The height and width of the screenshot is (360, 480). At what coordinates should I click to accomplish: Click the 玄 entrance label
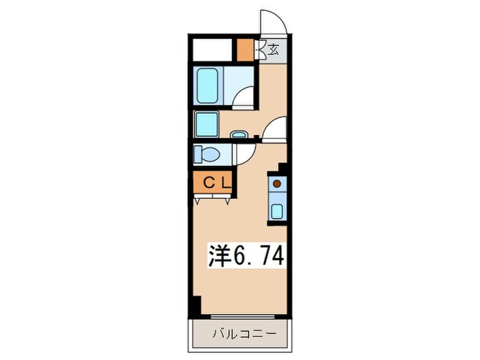pyautogui.click(x=274, y=49)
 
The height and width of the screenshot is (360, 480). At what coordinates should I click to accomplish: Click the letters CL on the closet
pyautogui.click(x=214, y=183)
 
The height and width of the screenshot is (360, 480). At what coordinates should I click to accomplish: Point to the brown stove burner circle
pyautogui.click(x=276, y=184)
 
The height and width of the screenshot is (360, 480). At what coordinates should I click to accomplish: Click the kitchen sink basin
pyautogui.click(x=276, y=210)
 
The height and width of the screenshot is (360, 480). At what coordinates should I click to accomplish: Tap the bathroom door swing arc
pyautogui.click(x=244, y=99)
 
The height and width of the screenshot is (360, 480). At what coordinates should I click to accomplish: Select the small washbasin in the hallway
pyautogui.click(x=239, y=135)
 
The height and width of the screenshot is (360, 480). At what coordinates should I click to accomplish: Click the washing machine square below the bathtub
pyautogui.click(x=206, y=124)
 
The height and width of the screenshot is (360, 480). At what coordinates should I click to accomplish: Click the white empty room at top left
pyautogui.click(x=213, y=50)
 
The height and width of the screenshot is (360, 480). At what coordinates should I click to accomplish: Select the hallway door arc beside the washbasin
pyautogui.click(x=276, y=129)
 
